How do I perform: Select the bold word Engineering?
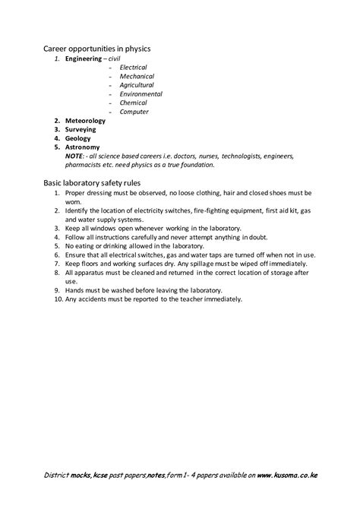click(85, 58)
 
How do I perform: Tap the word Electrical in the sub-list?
click(134, 67)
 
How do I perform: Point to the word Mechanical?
click(137, 76)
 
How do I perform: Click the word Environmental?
click(141, 94)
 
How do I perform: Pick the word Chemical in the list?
click(134, 103)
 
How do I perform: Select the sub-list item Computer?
click(134, 112)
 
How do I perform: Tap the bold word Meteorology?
click(85, 121)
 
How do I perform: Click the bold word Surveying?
click(81, 130)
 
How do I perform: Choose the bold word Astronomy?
click(83, 147)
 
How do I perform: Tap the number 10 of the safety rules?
click(56, 299)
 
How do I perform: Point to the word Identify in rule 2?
click(79, 210)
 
